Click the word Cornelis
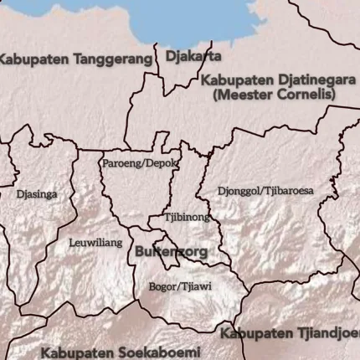(305, 95)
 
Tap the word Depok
(162, 162)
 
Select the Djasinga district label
(37, 194)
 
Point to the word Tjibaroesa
(291, 191)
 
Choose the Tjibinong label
(187, 217)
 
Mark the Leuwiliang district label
(95, 243)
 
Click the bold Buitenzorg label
(171, 250)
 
